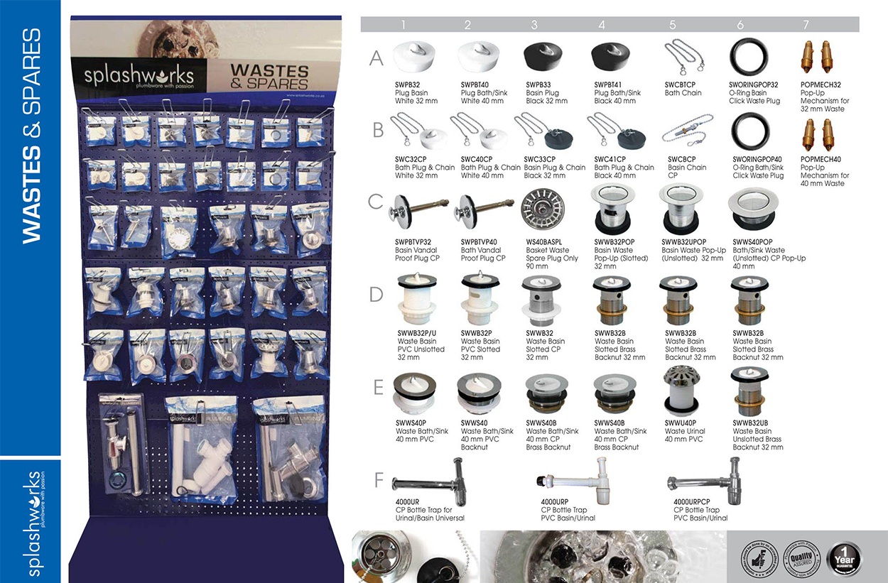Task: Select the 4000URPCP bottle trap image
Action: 703,481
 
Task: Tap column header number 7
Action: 806,25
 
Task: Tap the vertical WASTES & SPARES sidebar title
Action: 31,135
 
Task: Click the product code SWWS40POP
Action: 752,242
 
